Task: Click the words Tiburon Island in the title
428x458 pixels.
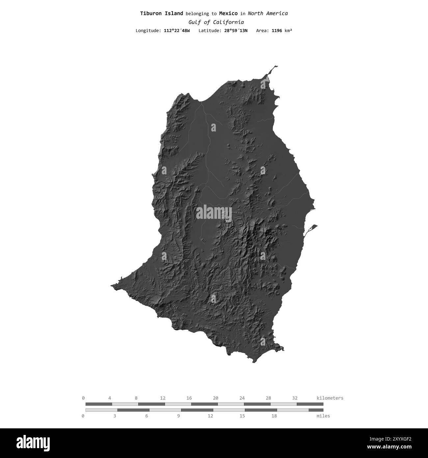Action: click(161, 14)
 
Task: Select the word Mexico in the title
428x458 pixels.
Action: click(228, 14)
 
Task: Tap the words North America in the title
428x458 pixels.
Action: click(268, 14)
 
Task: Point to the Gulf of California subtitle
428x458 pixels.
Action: click(216, 22)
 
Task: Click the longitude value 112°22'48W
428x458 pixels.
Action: click(177, 31)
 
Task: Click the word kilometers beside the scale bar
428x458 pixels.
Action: click(330, 398)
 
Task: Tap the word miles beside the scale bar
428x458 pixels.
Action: click(323, 416)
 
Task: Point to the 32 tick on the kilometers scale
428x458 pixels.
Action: click(295, 398)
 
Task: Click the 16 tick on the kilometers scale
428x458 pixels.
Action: click(189, 398)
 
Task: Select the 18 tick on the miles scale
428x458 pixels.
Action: click(274, 416)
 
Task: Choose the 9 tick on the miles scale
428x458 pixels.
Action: click(178, 416)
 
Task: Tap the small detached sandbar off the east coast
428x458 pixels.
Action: click(311, 229)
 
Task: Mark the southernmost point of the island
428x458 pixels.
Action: click(254, 362)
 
